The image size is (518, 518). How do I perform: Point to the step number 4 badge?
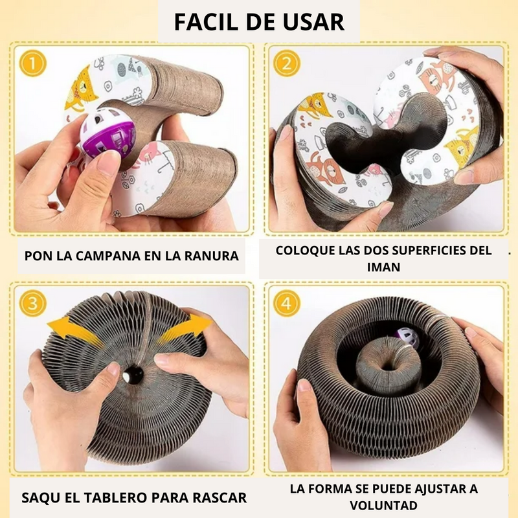tap(286, 302)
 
